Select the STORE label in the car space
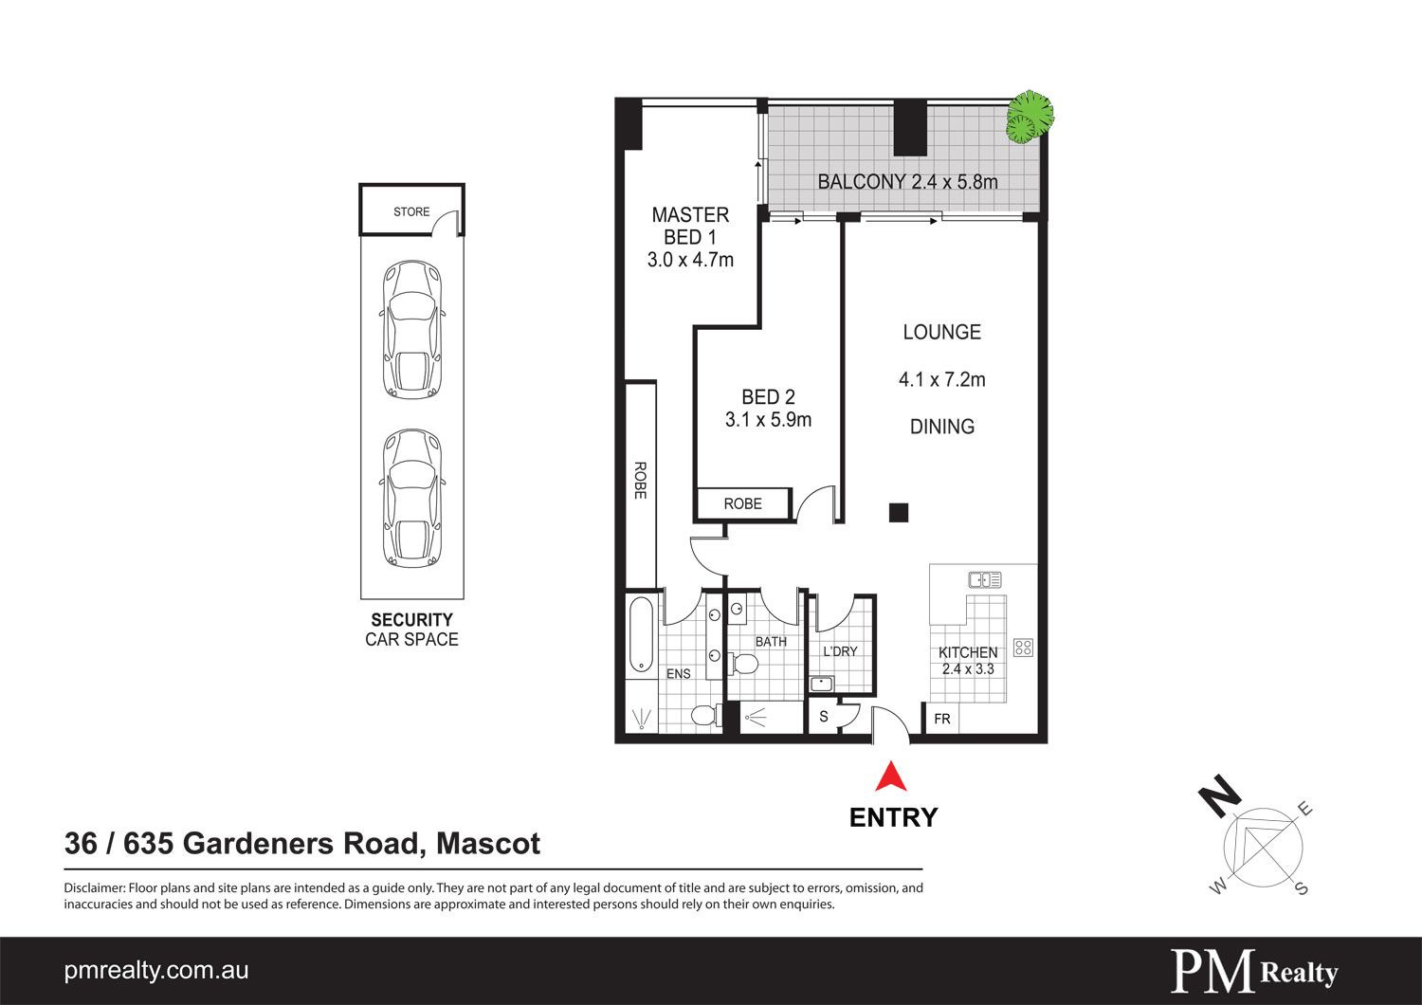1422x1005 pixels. click(x=411, y=211)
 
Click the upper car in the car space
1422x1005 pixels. click(x=412, y=329)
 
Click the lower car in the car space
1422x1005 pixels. click(x=412, y=498)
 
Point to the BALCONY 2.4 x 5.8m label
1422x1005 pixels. click(x=907, y=182)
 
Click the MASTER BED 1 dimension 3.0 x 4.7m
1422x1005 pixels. click(x=690, y=260)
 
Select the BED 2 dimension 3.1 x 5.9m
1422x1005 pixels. click(x=768, y=420)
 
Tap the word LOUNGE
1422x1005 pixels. click(x=941, y=332)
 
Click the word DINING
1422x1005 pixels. click(x=941, y=427)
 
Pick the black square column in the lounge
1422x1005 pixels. click(x=899, y=513)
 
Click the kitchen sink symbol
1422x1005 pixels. click(x=985, y=579)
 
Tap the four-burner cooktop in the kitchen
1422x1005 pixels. click(x=1023, y=648)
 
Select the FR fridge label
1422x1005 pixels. click(x=941, y=719)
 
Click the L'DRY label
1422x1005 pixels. click(x=840, y=651)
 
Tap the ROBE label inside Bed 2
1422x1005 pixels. click(x=742, y=503)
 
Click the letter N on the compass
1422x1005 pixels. click(x=1220, y=795)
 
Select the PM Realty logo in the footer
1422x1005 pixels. click(x=1254, y=972)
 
